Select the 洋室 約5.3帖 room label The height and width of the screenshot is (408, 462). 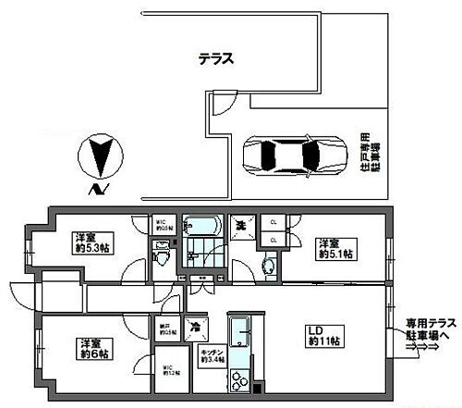click(90, 241)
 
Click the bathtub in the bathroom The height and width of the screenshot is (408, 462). click(199, 227)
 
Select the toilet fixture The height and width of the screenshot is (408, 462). click(163, 252)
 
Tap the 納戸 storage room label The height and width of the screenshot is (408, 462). click(164, 325)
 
